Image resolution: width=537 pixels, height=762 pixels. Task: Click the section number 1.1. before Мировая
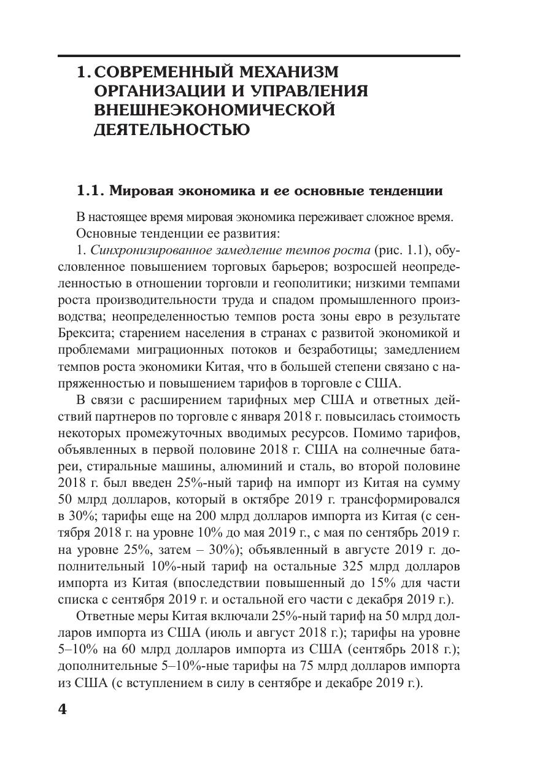pyautogui.click(x=90, y=191)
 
